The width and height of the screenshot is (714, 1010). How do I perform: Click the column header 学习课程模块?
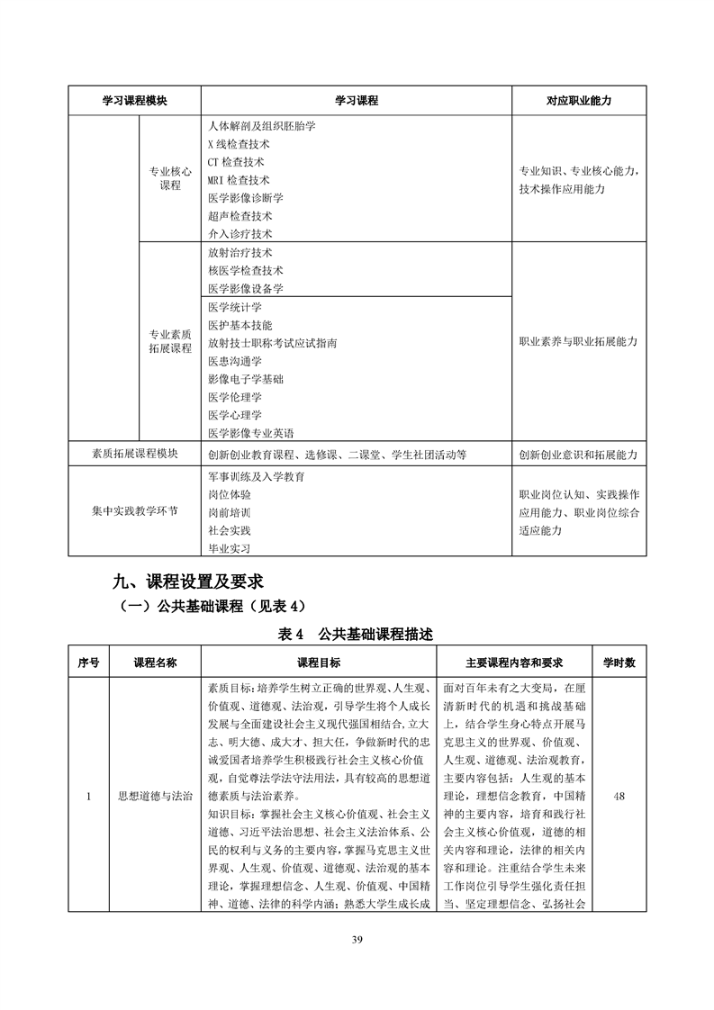pos(134,101)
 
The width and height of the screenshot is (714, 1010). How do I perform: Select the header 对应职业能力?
pos(578,101)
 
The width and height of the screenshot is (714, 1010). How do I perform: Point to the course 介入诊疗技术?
pos(240,234)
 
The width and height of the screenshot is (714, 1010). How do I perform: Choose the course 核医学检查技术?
pos(245,270)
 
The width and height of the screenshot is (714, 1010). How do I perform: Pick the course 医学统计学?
pos(234,307)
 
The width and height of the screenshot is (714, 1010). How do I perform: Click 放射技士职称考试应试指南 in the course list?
pos(272,343)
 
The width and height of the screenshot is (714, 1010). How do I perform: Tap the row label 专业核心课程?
pos(170,178)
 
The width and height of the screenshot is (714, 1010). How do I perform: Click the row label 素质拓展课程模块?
pos(134,454)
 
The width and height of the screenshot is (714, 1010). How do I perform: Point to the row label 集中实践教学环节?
pos(134,511)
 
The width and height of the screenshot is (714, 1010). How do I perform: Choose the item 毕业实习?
pos(229,548)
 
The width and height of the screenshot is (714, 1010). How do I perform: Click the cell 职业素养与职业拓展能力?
pos(578,342)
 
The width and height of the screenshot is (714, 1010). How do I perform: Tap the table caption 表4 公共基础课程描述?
pos(357,635)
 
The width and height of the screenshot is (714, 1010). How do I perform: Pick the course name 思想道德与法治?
pos(155,797)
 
